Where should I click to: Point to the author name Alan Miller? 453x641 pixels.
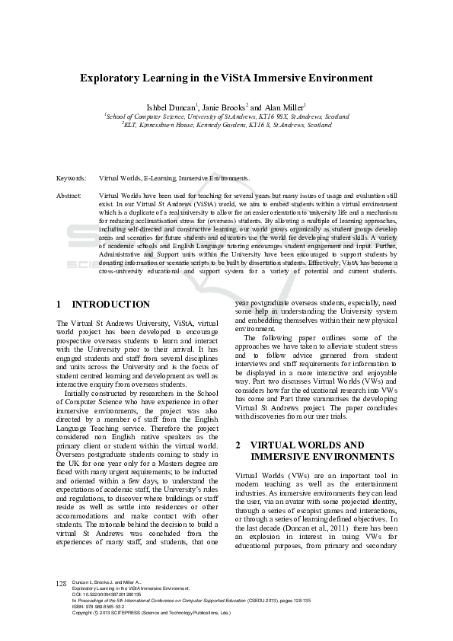pos(283,107)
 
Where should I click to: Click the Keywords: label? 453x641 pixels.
pos(72,178)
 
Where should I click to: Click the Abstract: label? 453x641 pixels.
pos(69,196)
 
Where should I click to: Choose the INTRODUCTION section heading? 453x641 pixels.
pos(110,305)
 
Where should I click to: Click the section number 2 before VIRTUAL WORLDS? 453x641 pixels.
pos(238,445)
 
